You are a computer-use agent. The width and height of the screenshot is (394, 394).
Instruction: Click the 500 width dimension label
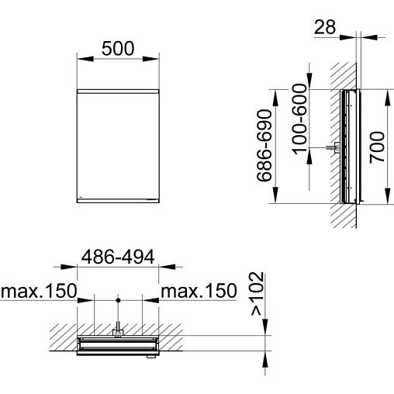pyautogui.click(x=118, y=48)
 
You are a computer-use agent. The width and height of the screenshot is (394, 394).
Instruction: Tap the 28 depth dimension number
pyautogui.click(x=325, y=27)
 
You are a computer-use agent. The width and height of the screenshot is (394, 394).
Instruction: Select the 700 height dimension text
pyautogui.click(x=377, y=147)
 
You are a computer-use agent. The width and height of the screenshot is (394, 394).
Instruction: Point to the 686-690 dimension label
pyautogui.click(x=264, y=146)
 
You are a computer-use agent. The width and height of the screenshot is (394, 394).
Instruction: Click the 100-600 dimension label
pyautogui.click(x=299, y=119)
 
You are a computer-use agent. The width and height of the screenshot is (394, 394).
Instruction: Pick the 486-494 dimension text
pyautogui.click(x=118, y=257)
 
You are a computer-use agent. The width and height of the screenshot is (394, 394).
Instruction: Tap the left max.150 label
pyautogui.click(x=39, y=291)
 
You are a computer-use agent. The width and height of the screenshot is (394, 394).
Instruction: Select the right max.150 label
pyautogui.click(x=199, y=291)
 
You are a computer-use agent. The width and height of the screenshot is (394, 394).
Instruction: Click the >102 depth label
pyautogui.click(x=258, y=294)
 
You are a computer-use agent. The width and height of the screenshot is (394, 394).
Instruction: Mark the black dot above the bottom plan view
pyautogui.click(x=118, y=300)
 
